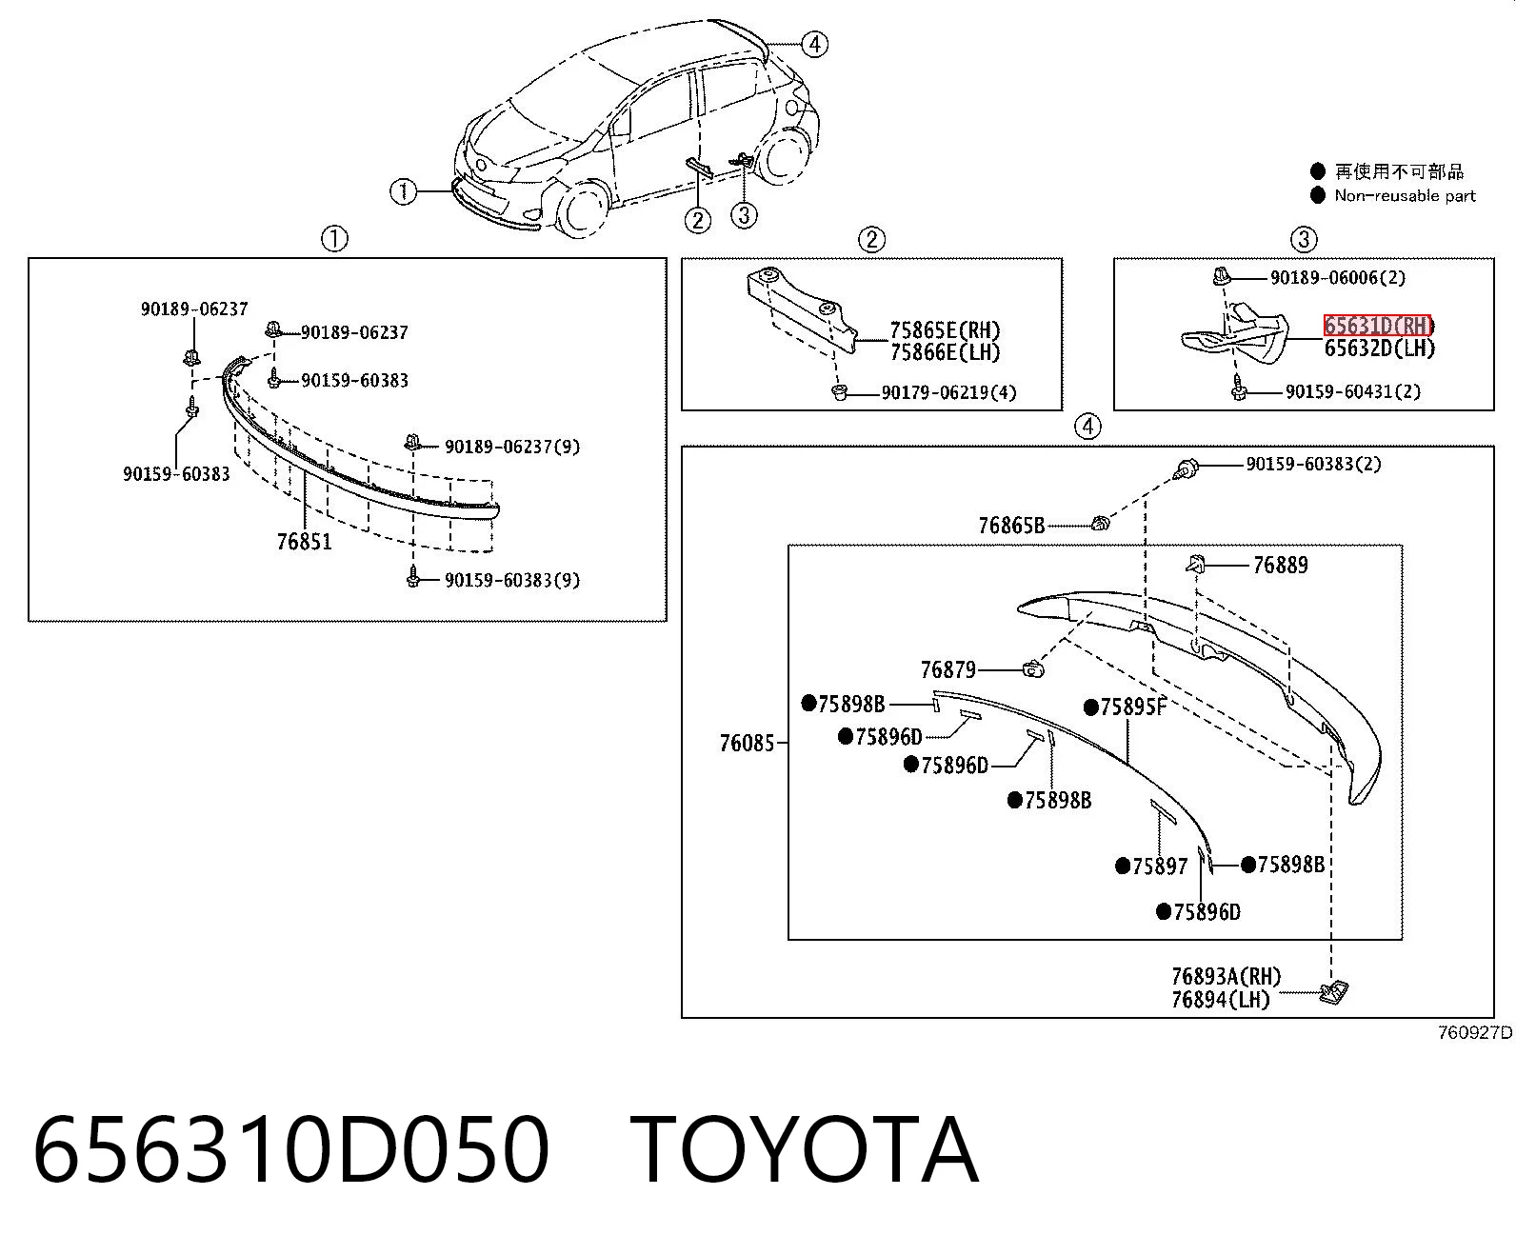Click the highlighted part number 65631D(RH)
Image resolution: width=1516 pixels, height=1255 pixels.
(x=1378, y=326)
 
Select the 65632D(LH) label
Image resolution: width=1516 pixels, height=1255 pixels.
(x=1380, y=349)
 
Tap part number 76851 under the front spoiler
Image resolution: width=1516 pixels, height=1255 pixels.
(x=304, y=541)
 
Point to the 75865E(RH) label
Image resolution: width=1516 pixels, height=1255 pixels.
(x=946, y=330)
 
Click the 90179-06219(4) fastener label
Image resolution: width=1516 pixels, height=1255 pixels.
(x=949, y=392)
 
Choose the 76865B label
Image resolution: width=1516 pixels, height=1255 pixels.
(x=1011, y=525)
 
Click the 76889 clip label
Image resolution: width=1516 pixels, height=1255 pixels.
(x=1280, y=565)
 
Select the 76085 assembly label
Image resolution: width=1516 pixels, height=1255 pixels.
(x=748, y=743)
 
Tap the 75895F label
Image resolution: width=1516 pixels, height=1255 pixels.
(x=1133, y=707)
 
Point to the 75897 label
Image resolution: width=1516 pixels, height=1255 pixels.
(x=1160, y=866)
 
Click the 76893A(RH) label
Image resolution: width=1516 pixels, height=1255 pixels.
(x=1227, y=975)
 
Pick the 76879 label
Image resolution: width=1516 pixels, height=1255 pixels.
(x=948, y=669)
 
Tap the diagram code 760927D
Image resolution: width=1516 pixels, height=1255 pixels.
(x=1475, y=1032)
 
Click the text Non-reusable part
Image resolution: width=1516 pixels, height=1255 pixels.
(x=1405, y=195)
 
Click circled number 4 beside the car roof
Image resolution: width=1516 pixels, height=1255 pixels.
(x=814, y=45)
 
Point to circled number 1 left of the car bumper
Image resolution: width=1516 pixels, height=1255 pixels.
(x=403, y=191)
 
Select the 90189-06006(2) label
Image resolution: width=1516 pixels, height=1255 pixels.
(x=1338, y=277)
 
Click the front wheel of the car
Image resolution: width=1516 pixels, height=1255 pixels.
(x=579, y=209)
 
